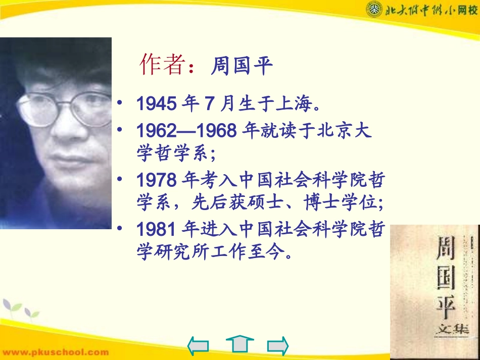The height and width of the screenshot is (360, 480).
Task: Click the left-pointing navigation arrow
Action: (x=198, y=345)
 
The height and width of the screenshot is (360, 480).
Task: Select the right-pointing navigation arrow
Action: (x=277, y=345)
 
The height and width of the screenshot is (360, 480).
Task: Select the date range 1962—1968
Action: (x=186, y=131)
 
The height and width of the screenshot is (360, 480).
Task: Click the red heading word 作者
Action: (x=161, y=65)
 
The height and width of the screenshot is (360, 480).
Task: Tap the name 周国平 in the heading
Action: (x=242, y=66)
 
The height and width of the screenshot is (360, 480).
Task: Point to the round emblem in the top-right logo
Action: (x=372, y=9)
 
